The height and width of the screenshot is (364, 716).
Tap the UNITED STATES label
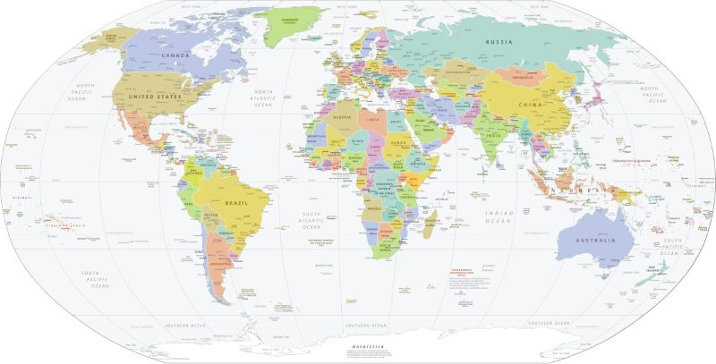[x=155, y=95]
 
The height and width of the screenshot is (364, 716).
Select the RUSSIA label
[x=499, y=42]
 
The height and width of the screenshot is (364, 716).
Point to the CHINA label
[x=532, y=106]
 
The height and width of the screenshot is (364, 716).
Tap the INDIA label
[x=492, y=135]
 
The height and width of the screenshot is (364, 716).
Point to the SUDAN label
[x=400, y=143]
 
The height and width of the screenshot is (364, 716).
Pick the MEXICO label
[x=141, y=128]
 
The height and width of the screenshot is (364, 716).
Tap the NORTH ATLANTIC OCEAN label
[x=262, y=97]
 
